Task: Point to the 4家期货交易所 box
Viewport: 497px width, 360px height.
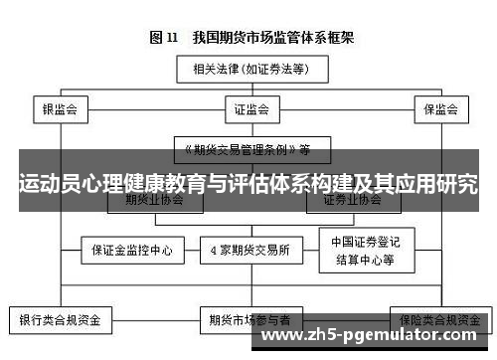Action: tap(250, 251)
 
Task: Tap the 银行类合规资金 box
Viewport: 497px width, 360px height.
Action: tap(62, 321)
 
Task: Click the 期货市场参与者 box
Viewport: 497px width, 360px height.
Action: tap(250, 321)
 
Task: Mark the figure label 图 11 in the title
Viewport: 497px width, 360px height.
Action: tap(163, 38)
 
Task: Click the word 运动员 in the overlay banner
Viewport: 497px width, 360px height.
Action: tap(49, 185)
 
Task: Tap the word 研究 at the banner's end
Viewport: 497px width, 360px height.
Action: tap(456, 185)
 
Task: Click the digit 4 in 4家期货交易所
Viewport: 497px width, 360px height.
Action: tap(213, 251)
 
